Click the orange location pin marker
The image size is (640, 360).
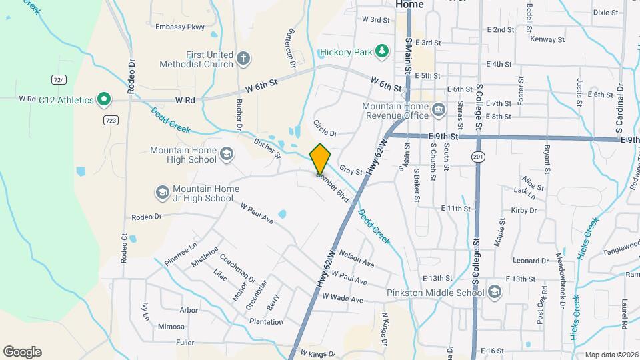(x=321, y=159)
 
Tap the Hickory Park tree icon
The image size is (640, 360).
(x=381, y=51)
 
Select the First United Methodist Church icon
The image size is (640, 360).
(x=243, y=59)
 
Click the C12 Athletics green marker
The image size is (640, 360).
(x=103, y=100)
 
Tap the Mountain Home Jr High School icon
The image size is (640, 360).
(x=162, y=193)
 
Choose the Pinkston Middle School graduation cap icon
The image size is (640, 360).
(x=495, y=292)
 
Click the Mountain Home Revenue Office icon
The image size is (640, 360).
(x=438, y=109)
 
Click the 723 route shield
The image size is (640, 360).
(x=111, y=120)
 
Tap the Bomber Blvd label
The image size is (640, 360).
(x=333, y=189)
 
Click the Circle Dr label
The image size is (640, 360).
(x=325, y=128)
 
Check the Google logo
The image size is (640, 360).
(x=22, y=352)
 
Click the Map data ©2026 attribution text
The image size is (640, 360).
(x=611, y=355)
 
